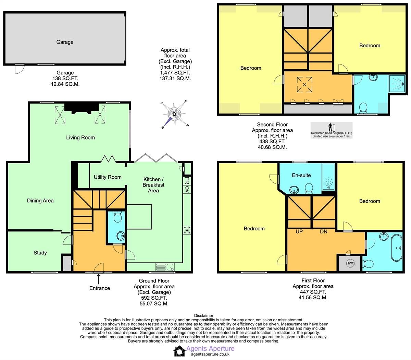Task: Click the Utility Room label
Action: (108, 177)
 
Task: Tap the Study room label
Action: (40, 253)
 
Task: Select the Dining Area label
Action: (40, 201)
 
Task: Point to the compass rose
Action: (175, 114)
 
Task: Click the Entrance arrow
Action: (98, 279)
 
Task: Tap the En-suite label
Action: (301, 175)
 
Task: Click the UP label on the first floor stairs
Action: (299, 231)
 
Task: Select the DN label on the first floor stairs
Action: (324, 231)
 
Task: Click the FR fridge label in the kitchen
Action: (187, 181)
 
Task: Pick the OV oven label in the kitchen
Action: (187, 190)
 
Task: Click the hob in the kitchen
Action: (187, 230)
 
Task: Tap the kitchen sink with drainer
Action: (165, 267)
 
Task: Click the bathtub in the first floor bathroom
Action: (397, 248)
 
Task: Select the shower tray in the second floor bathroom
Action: (397, 84)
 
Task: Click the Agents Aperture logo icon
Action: (179, 351)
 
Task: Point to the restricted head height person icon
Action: (330, 127)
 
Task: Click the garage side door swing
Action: (20, 69)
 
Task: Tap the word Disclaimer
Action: (204, 315)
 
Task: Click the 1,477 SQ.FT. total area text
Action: (175, 73)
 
